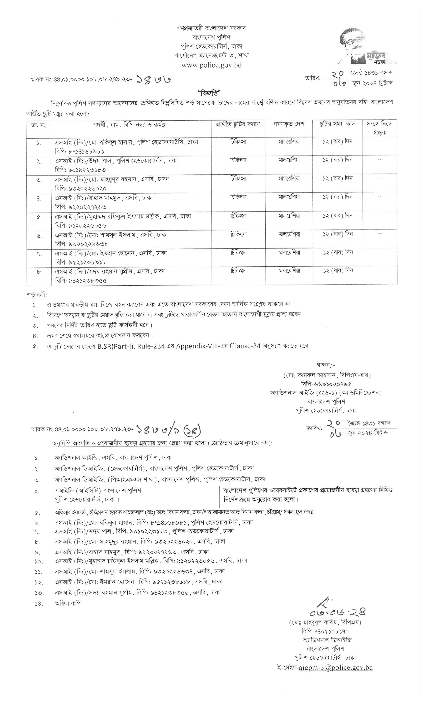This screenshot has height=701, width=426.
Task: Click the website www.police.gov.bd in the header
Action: (211, 65)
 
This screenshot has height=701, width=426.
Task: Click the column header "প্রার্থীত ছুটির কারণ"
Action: (238, 124)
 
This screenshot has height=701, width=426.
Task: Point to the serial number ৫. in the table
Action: (39, 218)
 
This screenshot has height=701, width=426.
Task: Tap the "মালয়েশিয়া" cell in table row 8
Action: (289, 271)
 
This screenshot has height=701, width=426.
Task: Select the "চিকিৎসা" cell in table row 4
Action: (238, 197)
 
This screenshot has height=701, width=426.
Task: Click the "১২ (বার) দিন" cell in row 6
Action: (337, 234)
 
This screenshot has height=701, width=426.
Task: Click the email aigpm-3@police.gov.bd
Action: (336, 667)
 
